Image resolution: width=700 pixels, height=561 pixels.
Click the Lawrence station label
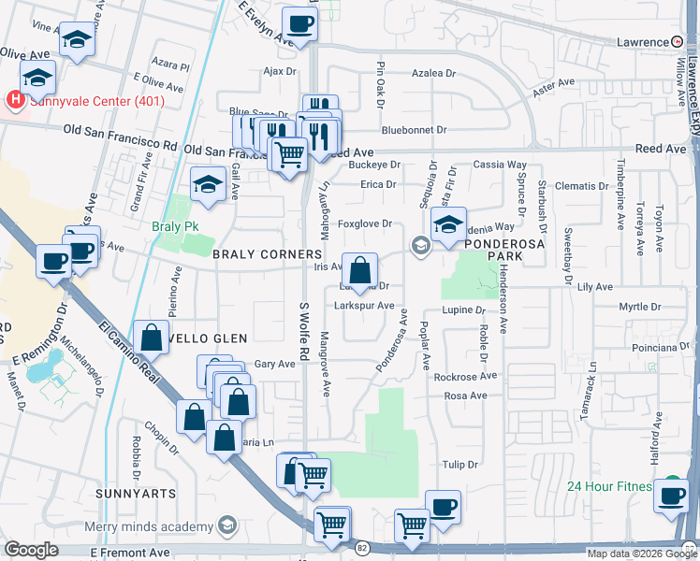click(x=642, y=42)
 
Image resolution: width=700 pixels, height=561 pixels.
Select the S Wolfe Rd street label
click(x=303, y=332)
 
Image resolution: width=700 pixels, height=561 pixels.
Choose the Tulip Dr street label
click(x=459, y=465)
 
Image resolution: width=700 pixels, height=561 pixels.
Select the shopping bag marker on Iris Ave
click(x=359, y=271)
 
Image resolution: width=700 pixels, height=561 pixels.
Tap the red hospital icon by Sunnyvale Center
click(x=14, y=99)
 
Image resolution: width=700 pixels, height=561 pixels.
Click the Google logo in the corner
click(x=31, y=550)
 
